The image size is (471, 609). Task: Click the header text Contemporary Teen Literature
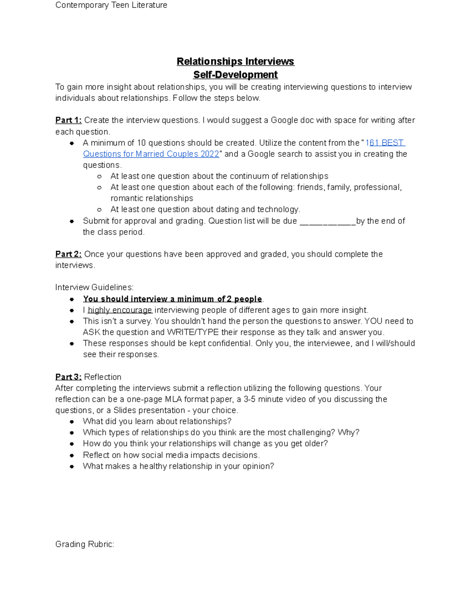[111, 5]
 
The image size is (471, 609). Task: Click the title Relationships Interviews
[235, 62]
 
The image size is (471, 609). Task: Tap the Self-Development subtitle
[235, 75]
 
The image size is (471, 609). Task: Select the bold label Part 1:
[68, 120]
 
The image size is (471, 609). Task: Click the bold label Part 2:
[68, 254]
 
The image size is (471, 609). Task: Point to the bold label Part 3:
[68, 377]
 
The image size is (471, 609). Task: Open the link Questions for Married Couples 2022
[151, 154]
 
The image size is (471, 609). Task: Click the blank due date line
[327, 222]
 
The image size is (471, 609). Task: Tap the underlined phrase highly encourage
[120, 310]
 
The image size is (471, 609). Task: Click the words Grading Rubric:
[85, 544]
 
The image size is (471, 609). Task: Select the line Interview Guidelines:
[94, 287]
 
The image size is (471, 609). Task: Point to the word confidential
[228, 344]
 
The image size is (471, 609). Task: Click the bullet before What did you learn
[72, 422]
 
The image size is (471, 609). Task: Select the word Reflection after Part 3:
[103, 377]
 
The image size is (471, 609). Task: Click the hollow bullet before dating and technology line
[100, 210]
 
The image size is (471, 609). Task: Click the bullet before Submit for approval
[72, 221]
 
